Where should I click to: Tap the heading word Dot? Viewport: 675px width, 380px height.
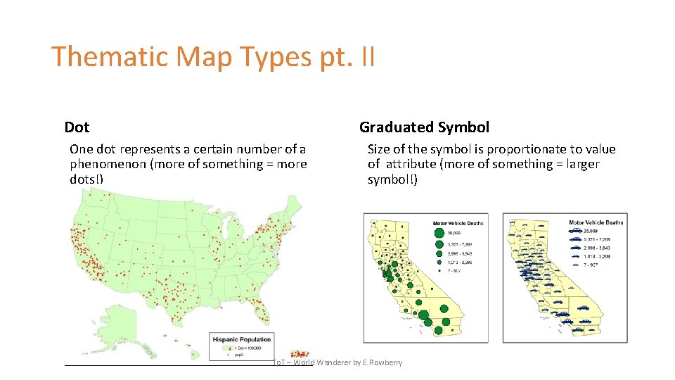point(77,127)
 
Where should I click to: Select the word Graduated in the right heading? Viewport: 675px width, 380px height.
point(396,127)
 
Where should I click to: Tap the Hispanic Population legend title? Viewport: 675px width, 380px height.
point(241,339)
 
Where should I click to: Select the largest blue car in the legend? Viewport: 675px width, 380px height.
point(576,230)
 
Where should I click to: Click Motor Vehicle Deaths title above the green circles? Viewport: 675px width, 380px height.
point(458,222)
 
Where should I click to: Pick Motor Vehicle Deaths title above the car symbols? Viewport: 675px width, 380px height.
point(596,222)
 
